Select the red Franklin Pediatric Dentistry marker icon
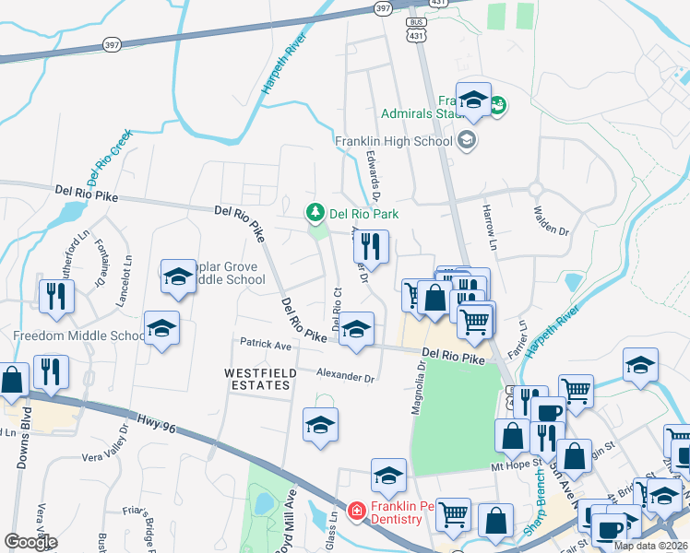tap(356, 510)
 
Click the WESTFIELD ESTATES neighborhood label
tap(258, 378)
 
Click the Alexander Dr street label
tap(345, 376)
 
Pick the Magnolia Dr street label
tap(421, 387)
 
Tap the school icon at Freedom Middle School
tap(161, 329)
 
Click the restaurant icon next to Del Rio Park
tap(371, 246)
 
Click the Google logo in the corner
tap(31, 542)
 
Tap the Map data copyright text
tap(650, 546)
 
